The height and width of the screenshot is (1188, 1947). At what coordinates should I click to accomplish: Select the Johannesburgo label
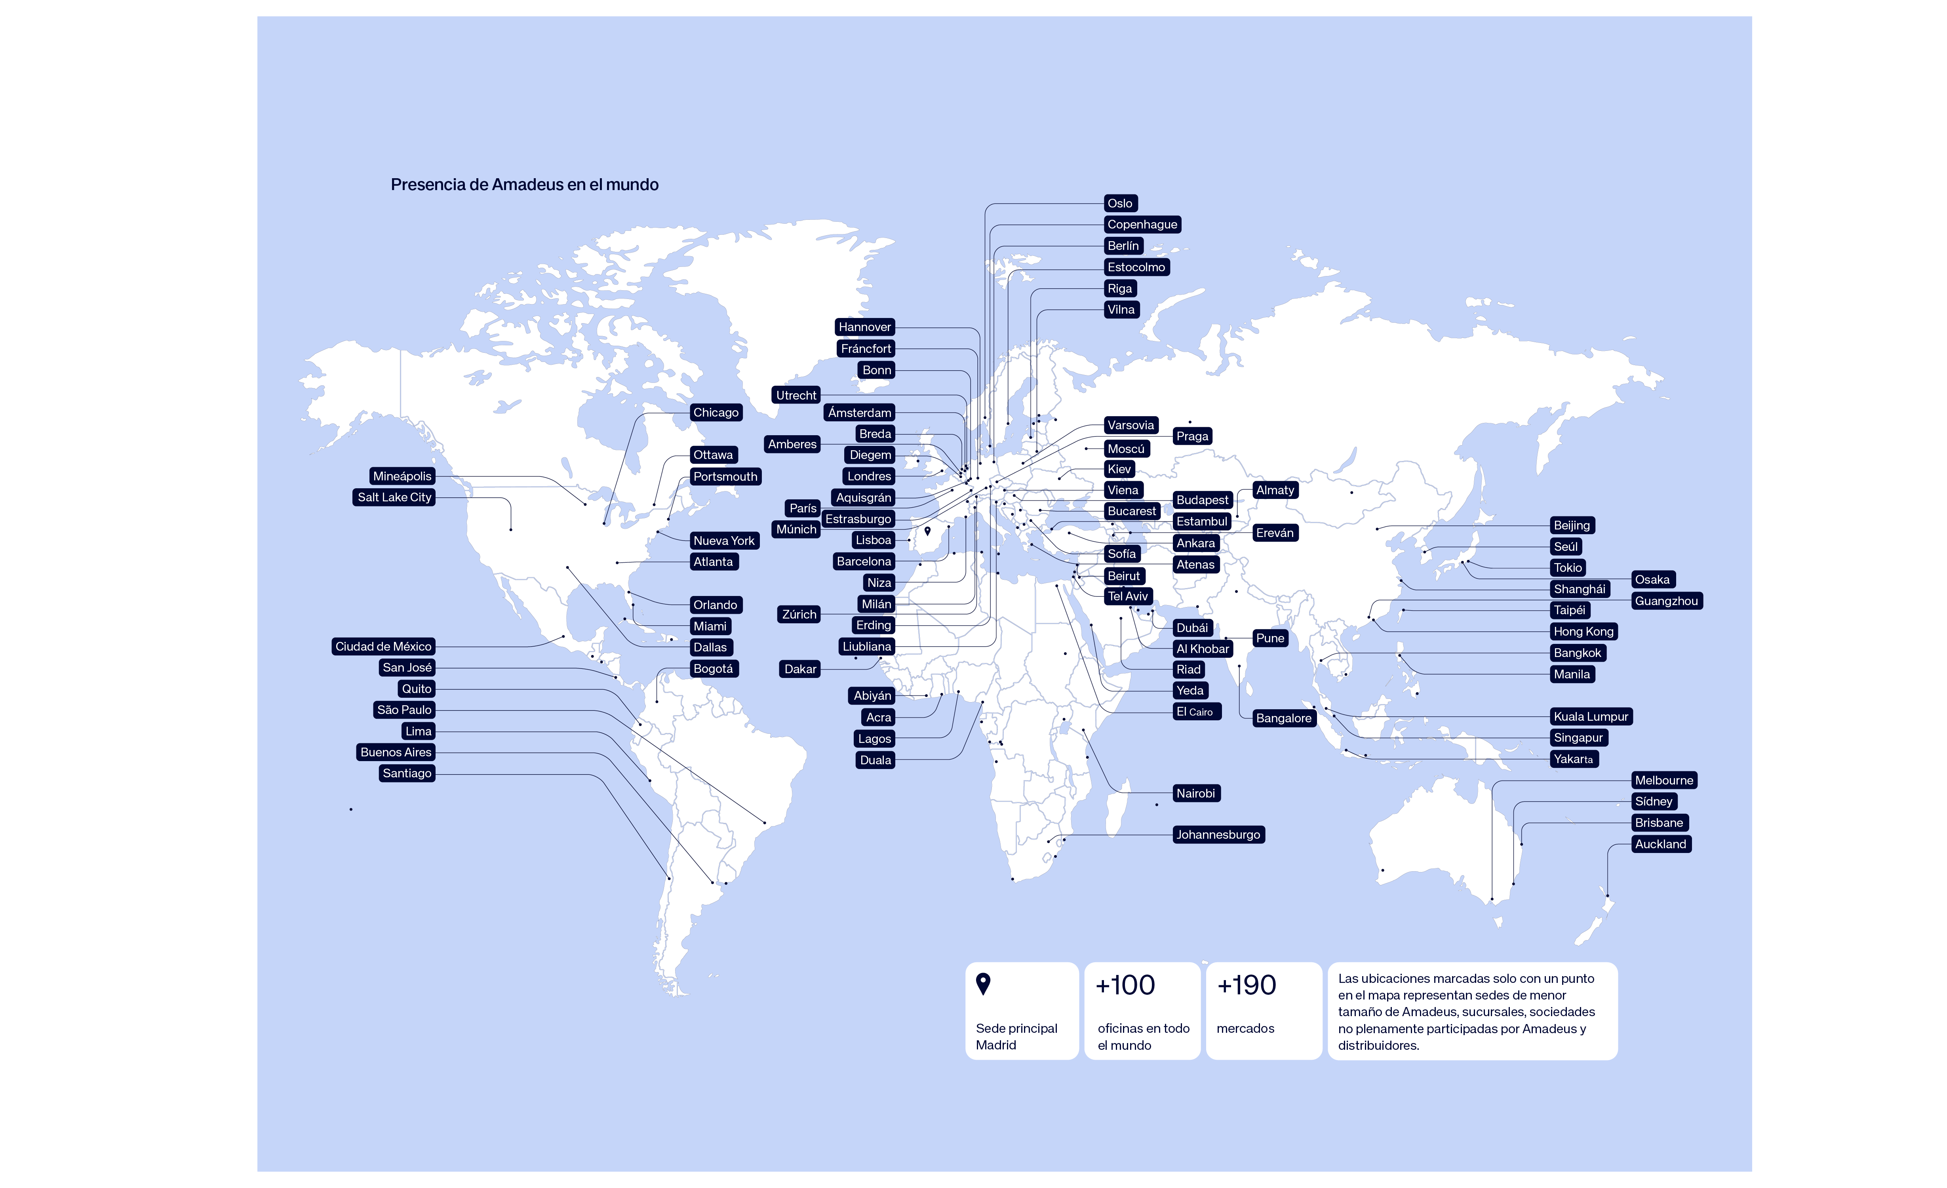tap(1218, 835)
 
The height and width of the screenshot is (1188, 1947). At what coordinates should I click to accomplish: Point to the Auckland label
tap(1660, 844)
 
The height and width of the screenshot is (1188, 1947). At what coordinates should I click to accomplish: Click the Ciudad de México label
tap(383, 647)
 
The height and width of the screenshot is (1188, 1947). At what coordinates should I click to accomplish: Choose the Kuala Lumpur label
tap(1591, 717)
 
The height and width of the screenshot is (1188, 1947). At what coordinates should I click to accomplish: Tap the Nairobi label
tap(1195, 794)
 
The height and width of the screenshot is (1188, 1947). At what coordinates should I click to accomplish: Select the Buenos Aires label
tap(396, 752)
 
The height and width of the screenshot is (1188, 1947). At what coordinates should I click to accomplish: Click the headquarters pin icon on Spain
tap(928, 531)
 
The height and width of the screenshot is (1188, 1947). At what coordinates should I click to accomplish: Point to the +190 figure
tap(1246, 986)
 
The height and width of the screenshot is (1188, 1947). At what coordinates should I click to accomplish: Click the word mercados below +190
tap(1245, 1028)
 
